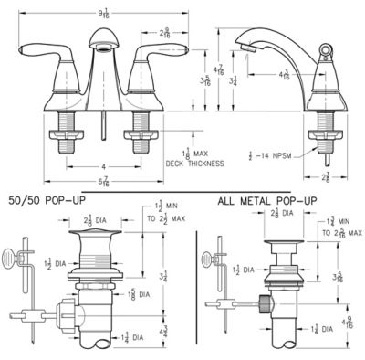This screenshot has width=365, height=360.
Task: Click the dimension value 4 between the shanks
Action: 103,166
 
